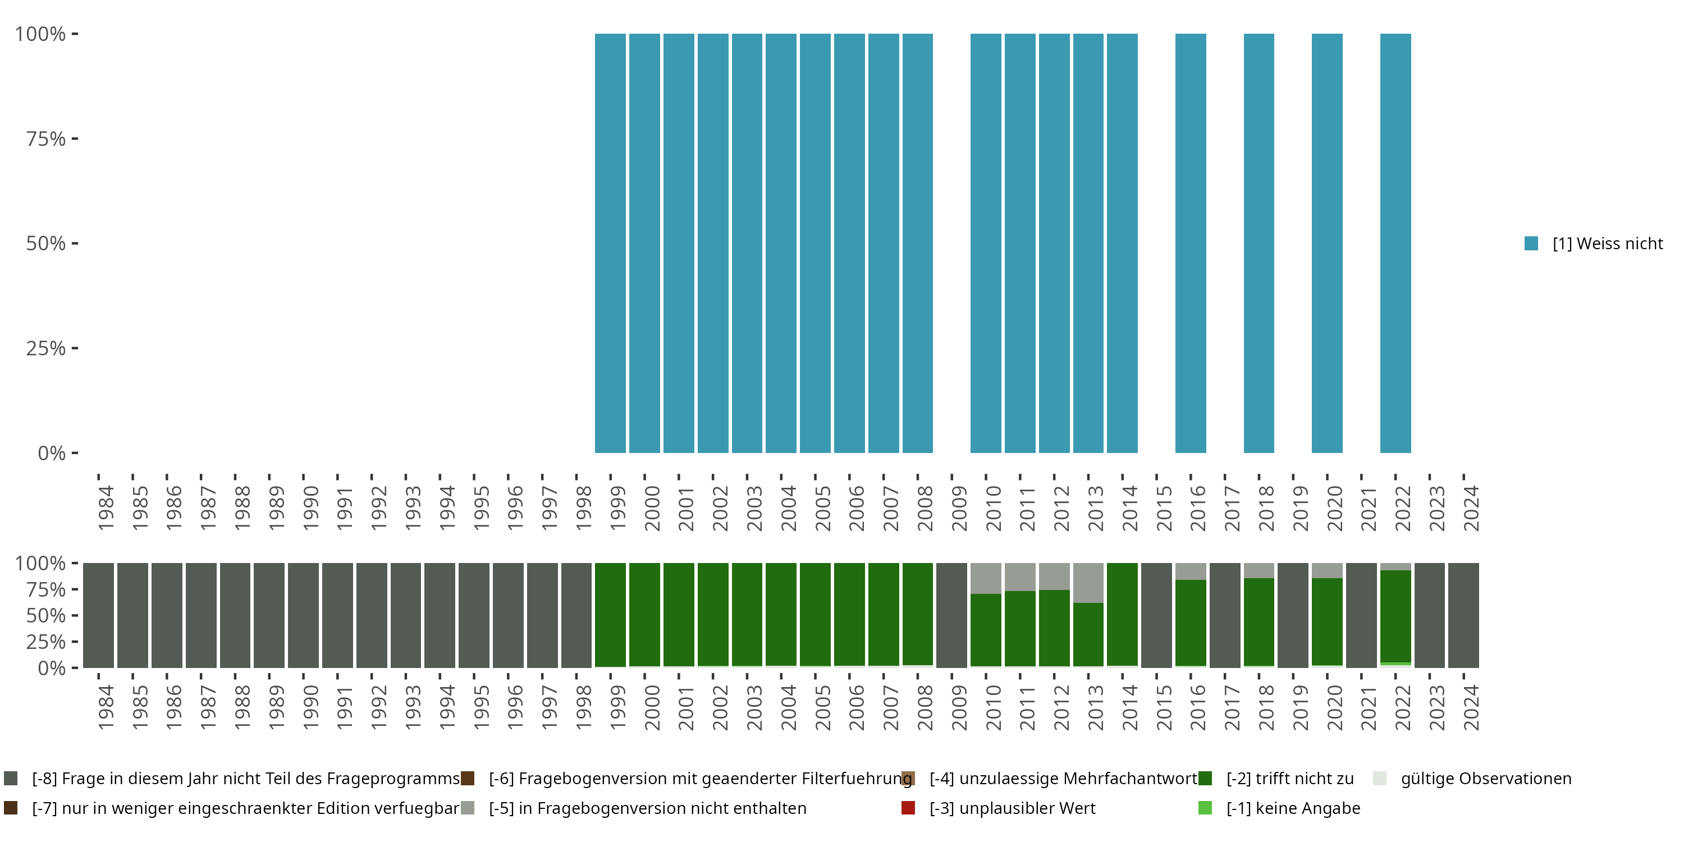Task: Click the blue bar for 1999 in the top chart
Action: coord(610,243)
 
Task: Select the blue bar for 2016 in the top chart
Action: coord(1191,243)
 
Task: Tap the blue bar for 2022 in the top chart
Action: coord(1395,243)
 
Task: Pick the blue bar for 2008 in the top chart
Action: coord(917,243)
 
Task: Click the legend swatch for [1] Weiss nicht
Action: coord(1531,244)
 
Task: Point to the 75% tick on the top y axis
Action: coord(75,139)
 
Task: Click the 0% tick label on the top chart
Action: coord(52,453)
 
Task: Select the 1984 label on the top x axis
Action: coord(106,508)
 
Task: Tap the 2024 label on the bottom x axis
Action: coord(1471,707)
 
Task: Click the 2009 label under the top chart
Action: coord(959,508)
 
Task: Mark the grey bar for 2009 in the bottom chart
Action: coord(951,615)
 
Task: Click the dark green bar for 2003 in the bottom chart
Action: coord(747,615)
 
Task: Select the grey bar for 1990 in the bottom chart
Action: coord(303,615)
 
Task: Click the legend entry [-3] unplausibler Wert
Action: coord(1012,808)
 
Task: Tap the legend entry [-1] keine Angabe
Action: coord(1292,808)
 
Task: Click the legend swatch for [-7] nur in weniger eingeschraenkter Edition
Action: coord(11,808)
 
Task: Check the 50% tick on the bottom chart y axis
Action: coord(75,615)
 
